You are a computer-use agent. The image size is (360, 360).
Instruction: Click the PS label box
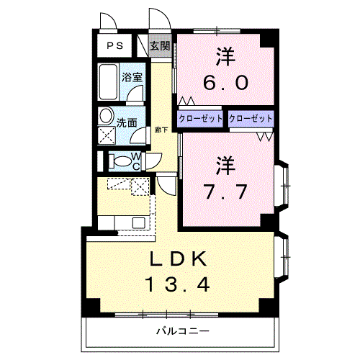tap(114, 46)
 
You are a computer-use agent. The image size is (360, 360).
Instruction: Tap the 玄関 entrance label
tap(161, 46)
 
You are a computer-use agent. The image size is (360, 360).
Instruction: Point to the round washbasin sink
tap(107, 115)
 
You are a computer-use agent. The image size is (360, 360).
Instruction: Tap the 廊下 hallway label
tap(161, 130)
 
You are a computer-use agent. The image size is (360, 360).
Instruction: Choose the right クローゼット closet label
tap(251, 118)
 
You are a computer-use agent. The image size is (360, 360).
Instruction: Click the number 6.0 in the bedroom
tap(225, 81)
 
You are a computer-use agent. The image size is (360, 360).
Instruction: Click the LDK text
tap(179, 259)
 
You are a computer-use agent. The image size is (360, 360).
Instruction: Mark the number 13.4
tap(179, 285)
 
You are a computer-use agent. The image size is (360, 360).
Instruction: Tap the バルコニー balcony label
tap(182, 332)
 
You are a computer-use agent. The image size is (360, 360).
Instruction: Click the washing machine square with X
tap(107, 134)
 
